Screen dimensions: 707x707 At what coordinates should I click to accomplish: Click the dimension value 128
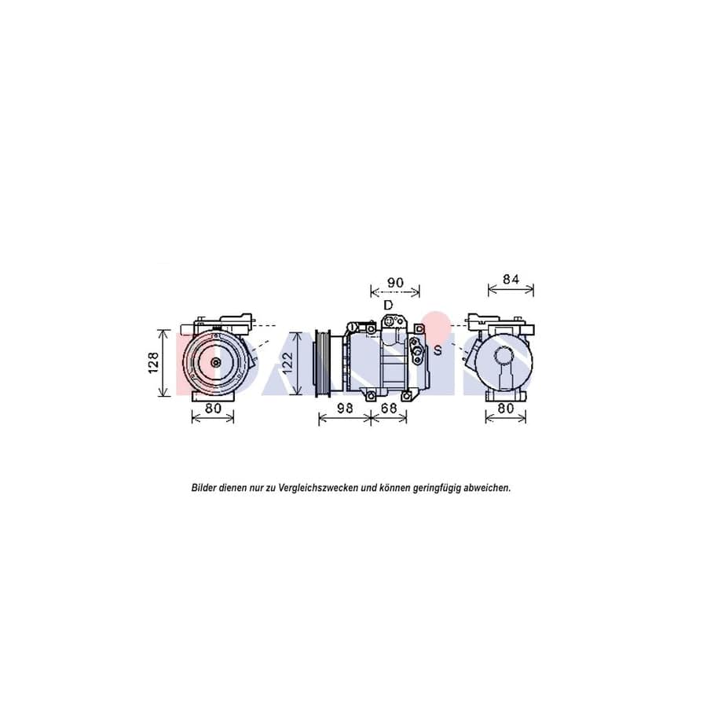(154, 363)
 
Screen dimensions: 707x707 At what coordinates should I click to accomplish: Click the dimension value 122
(288, 363)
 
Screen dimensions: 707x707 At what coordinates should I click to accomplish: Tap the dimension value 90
(395, 283)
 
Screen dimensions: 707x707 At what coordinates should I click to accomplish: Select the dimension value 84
(511, 279)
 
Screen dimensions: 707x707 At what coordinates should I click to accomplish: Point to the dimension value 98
(344, 408)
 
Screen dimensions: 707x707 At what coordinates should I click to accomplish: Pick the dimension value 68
(388, 408)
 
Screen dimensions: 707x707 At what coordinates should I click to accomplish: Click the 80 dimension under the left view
(213, 408)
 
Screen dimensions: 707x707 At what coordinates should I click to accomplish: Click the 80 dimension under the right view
(505, 408)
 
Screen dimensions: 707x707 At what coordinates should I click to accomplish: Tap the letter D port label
(387, 304)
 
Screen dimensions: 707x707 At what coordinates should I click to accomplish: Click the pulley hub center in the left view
(215, 362)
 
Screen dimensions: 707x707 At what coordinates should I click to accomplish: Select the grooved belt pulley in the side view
(321, 361)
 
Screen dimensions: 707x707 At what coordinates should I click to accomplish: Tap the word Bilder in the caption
(205, 488)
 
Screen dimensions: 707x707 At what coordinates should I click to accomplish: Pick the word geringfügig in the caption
(438, 488)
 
